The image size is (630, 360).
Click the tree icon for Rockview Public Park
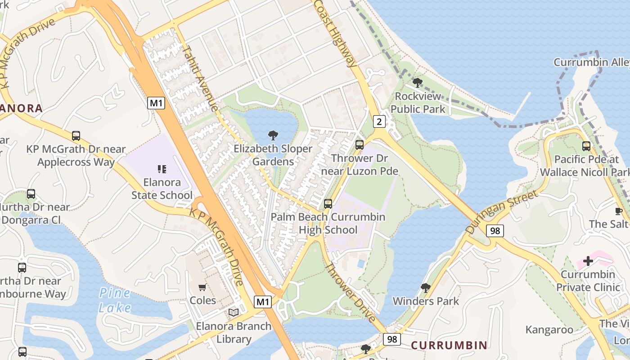pyautogui.click(x=418, y=83)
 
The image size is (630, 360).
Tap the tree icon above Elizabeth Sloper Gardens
pyautogui.click(x=273, y=135)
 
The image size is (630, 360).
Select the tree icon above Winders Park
pyautogui.click(x=425, y=288)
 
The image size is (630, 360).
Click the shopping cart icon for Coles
pyautogui.click(x=202, y=287)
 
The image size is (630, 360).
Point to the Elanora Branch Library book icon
pyautogui.click(x=234, y=313)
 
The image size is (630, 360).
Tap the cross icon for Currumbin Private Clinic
pyautogui.click(x=588, y=261)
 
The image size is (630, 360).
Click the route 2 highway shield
pyautogui.click(x=380, y=121)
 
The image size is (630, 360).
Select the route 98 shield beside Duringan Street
pyautogui.click(x=495, y=231)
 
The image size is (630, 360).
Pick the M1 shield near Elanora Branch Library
pyautogui.click(x=263, y=301)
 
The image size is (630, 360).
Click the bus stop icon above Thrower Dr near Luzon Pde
pyautogui.click(x=359, y=145)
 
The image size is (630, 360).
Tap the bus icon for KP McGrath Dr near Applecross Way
pyautogui.click(x=76, y=135)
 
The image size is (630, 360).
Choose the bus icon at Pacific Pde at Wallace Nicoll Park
pyautogui.click(x=586, y=146)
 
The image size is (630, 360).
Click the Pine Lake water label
pyautogui.click(x=115, y=301)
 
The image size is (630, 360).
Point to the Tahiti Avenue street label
pyautogui.click(x=200, y=77)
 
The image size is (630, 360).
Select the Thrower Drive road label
pyautogui.click(x=351, y=292)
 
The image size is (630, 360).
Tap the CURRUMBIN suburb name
pyautogui.click(x=449, y=345)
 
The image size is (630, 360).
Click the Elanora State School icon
pyautogui.click(x=162, y=169)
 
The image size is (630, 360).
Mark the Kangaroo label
pyautogui.click(x=549, y=330)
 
